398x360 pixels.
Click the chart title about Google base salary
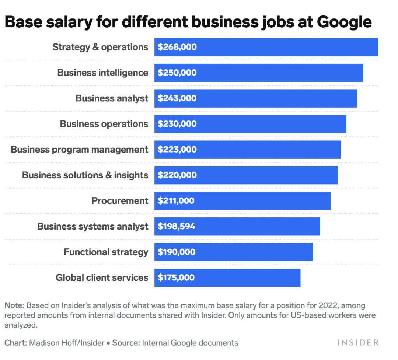pyautogui.click(x=188, y=22)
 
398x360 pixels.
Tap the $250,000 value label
pyautogui.click(x=177, y=73)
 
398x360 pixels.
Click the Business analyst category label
pyautogui.click(x=112, y=98)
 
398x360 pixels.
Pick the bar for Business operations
pyautogui.click(x=250, y=124)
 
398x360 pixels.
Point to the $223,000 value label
pyautogui.click(x=177, y=150)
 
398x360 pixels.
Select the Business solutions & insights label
pyautogui.click(x=85, y=175)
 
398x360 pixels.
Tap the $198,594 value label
pyautogui.click(x=177, y=226)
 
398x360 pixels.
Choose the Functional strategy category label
pyautogui.click(x=106, y=252)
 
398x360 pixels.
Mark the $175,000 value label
pyautogui.click(x=176, y=277)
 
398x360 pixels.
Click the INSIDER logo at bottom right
pyautogui.click(x=358, y=343)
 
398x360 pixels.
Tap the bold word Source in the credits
pyautogui.click(x=126, y=343)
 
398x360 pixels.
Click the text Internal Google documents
pyautogui.click(x=190, y=343)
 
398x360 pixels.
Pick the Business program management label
pyautogui.click(x=79, y=150)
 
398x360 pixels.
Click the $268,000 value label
pyautogui.click(x=177, y=47)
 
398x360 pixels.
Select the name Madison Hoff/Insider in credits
pyautogui.click(x=66, y=343)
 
